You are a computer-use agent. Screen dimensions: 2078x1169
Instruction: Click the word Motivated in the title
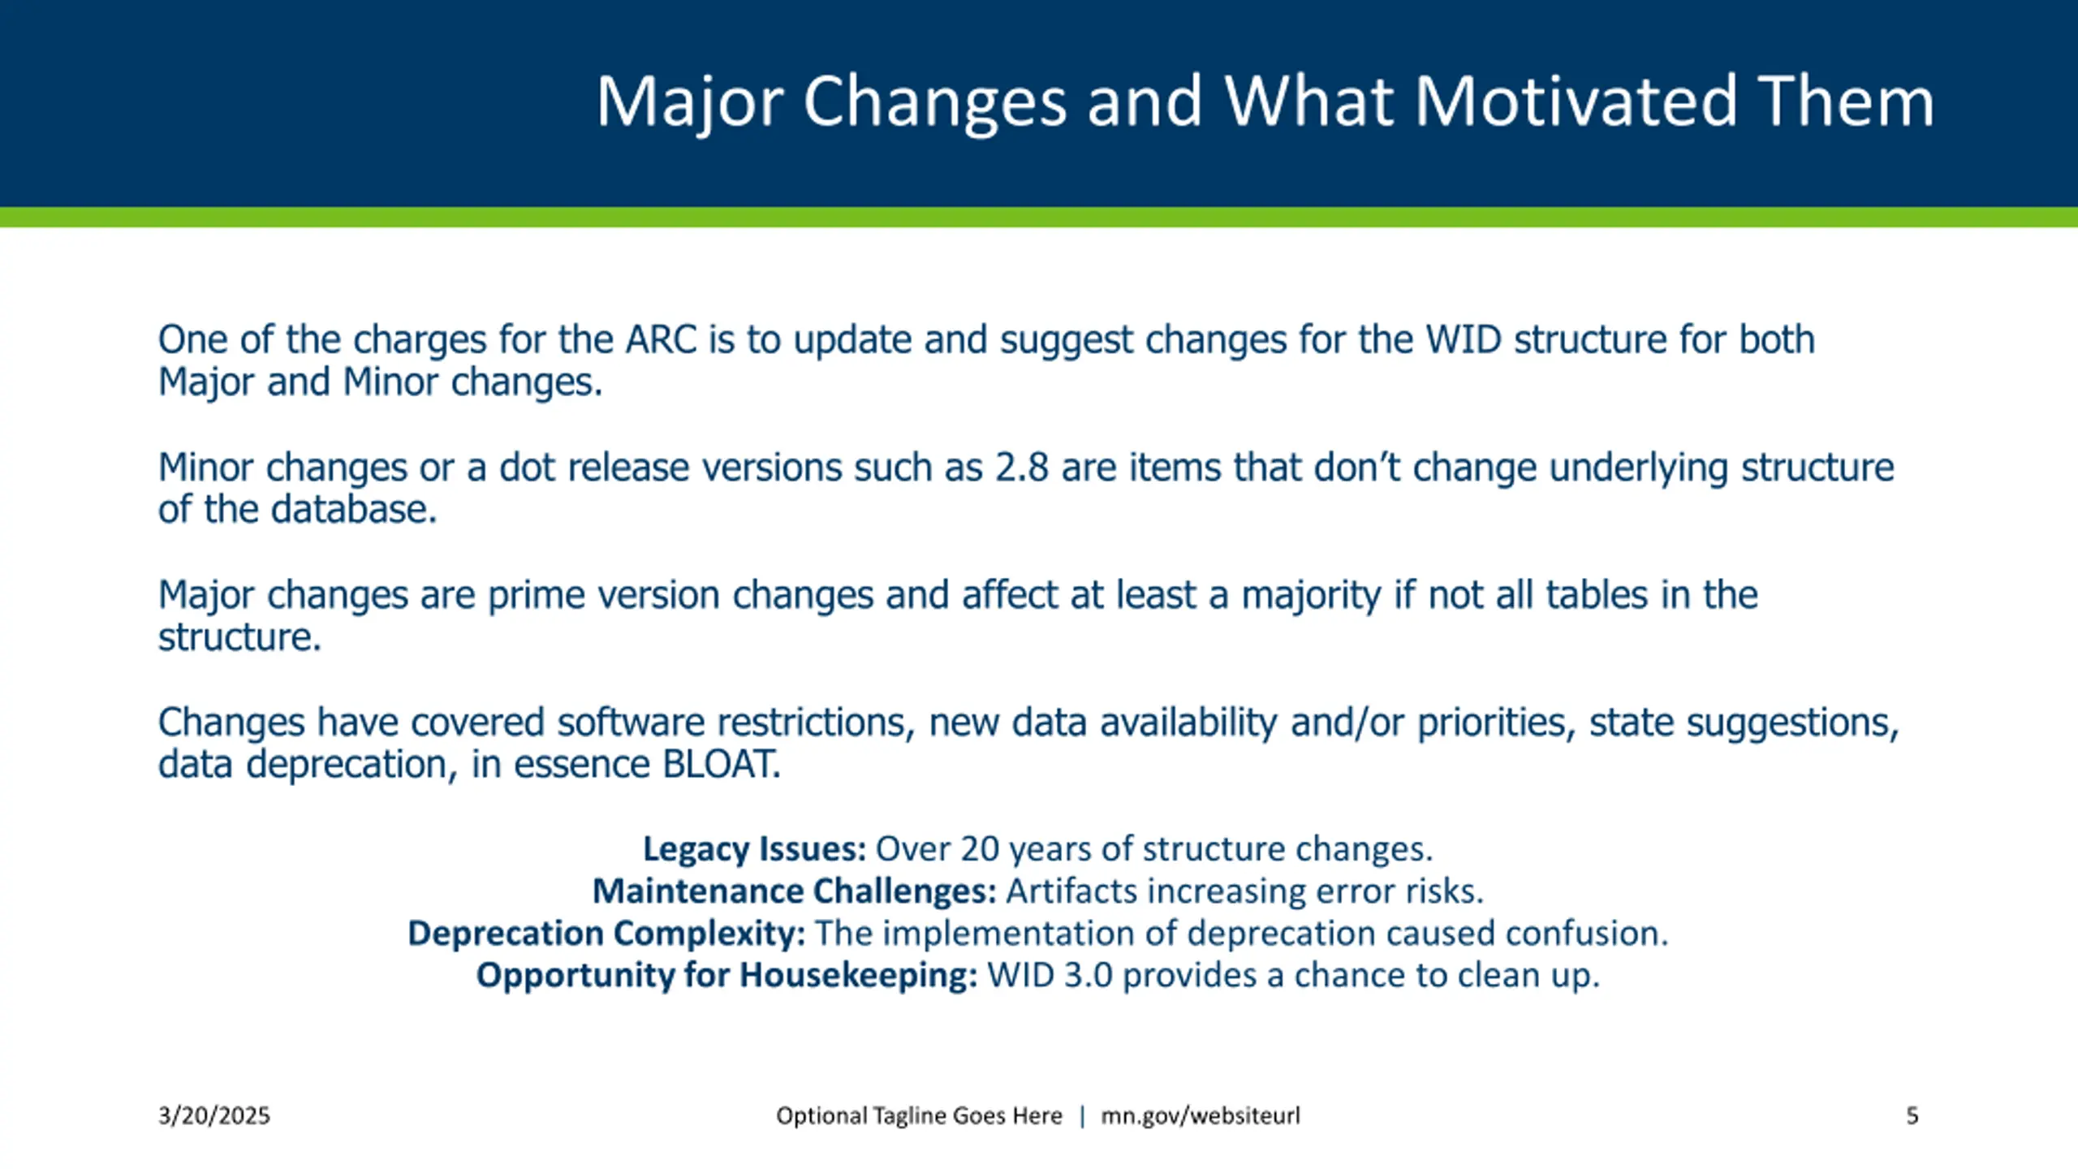pos(1576,101)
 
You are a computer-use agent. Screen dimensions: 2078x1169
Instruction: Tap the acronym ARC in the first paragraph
pos(661,339)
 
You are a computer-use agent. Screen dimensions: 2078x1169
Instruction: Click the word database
pos(354,510)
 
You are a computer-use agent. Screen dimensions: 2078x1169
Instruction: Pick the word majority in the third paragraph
pos(1311,597)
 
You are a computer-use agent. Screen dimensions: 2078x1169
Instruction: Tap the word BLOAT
pos(722,764)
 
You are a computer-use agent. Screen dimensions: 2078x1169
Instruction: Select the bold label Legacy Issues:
pos(755,849)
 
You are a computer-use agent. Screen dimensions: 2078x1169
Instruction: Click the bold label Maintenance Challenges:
pos(795,891)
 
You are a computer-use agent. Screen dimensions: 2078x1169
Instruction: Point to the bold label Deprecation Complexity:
pos(606,934)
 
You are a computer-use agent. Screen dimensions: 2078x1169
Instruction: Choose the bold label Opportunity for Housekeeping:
pos(726,976)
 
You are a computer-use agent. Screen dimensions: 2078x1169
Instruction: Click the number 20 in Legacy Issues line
pos(980,849)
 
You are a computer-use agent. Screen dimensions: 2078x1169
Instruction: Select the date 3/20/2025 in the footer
pos(214,1116)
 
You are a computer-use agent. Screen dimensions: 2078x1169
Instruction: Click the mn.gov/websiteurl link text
pos(1201,1116)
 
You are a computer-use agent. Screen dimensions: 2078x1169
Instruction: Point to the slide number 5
pos(1912,1116)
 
